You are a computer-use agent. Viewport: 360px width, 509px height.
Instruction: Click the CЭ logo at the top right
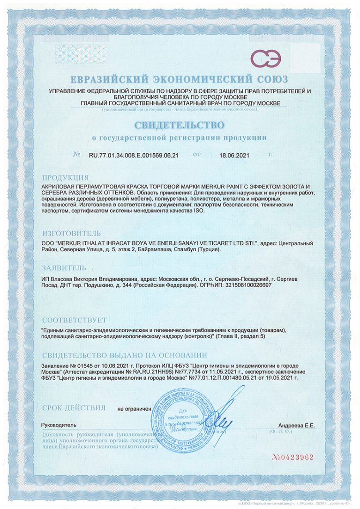click(265, 59)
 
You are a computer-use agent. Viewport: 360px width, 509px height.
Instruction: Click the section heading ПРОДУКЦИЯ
click(65, 178)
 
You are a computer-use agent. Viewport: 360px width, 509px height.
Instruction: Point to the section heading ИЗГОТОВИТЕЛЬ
click(71, 232)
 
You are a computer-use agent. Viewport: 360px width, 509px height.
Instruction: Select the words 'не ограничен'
click(135, 409)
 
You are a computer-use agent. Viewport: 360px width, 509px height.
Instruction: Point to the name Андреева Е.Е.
click(296, 425)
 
